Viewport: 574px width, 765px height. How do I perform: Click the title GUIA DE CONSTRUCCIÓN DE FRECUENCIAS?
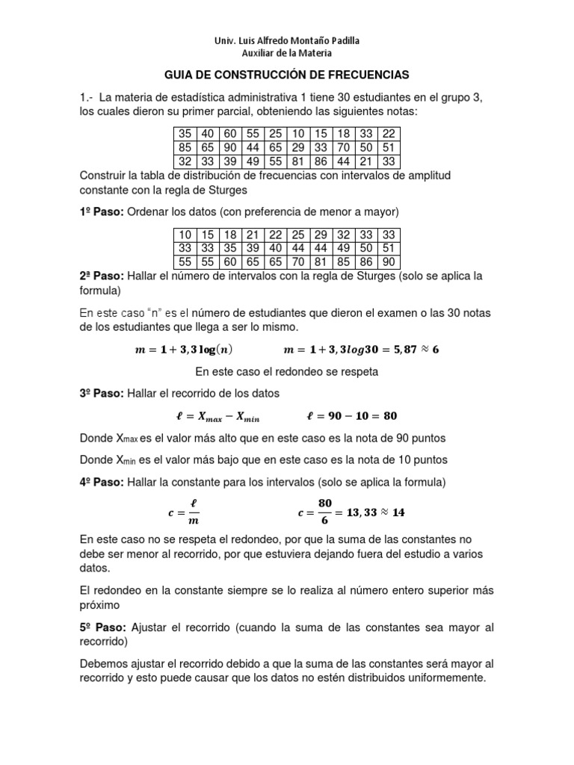[287, 75]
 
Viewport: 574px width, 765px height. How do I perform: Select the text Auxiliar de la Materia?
[287, 53]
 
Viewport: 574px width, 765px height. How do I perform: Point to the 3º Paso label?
[102, 392]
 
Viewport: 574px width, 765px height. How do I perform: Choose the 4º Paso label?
[102, 483]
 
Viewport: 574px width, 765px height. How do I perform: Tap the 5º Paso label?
[102, 628]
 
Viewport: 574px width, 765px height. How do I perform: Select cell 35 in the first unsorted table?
[185, 134]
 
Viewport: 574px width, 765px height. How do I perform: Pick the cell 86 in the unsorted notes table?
[321, 161]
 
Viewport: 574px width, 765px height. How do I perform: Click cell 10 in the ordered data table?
[185, 235]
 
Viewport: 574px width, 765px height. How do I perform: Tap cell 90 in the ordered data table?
[388, 262]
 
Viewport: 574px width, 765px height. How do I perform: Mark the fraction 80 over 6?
[324, 512]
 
